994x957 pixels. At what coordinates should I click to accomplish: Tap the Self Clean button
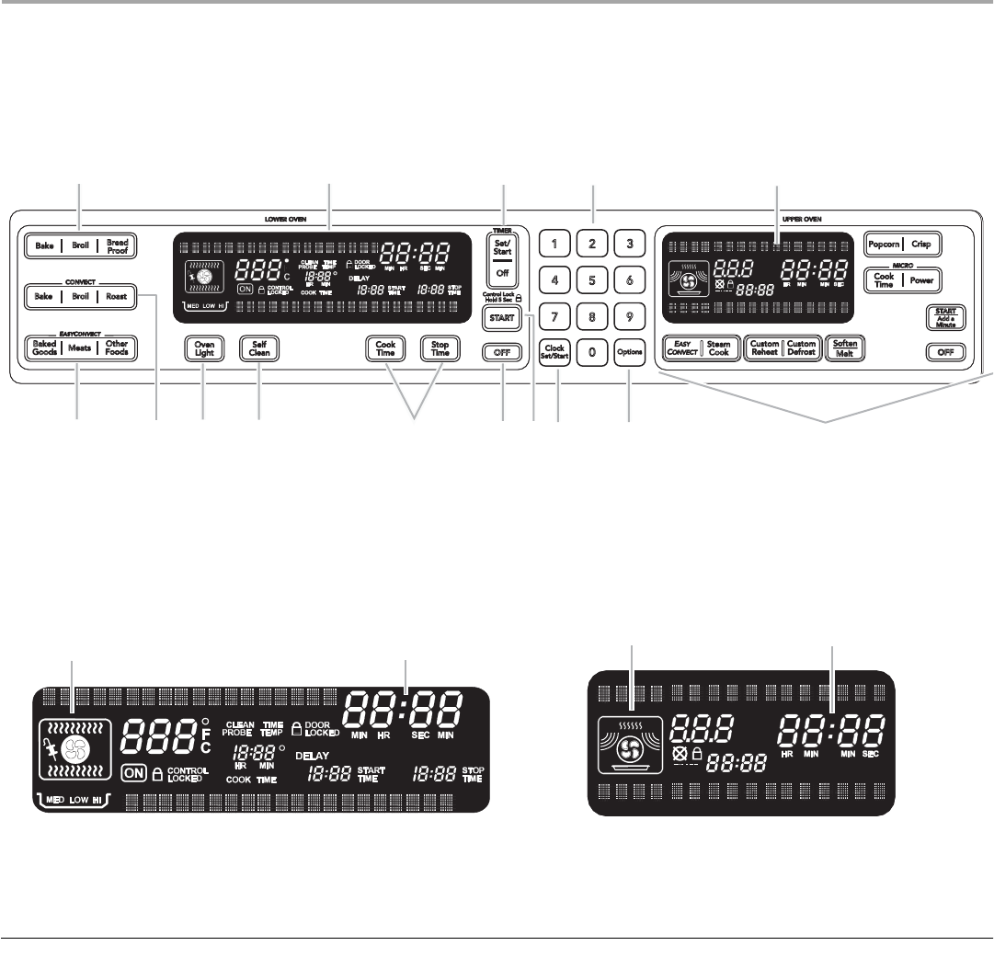click(258, 349)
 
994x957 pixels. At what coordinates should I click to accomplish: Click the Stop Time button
click(440, 349)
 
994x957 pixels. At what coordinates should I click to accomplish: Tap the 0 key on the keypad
click(592, 351)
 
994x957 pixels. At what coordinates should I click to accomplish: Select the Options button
click(630, 351)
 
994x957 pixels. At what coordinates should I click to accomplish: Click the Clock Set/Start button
click(554, 351)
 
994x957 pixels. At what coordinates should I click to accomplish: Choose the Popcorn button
click(884, 246)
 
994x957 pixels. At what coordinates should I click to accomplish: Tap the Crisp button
click(922, 246)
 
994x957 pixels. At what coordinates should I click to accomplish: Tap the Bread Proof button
click(118, 246)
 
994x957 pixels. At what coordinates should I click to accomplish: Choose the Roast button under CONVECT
click(116, 297)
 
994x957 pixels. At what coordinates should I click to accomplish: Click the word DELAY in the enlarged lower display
click(312, 757)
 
